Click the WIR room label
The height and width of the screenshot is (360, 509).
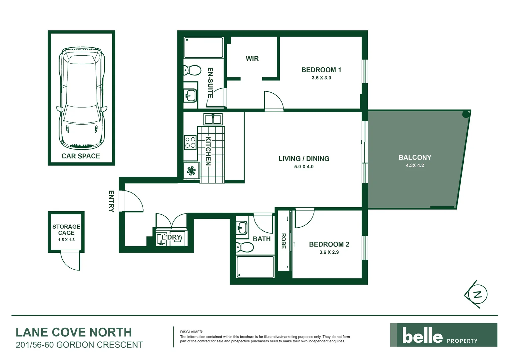coord(252,59)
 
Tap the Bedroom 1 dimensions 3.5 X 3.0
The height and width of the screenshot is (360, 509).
coord(321,78)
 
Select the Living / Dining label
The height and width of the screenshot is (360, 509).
coord(304,159)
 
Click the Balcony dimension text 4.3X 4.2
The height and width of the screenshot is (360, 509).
coord(415,166)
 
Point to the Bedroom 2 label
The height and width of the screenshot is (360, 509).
coord(329,244)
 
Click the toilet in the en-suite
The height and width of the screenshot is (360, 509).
coord(192,70)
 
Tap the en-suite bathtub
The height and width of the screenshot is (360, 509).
coord(204,48)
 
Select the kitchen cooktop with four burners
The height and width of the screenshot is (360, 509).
coord(191,142)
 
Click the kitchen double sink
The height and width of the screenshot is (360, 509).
coord(213,119)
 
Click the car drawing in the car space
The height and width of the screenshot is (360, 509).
coord(82,98)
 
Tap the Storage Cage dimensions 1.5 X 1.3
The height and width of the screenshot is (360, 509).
coord(66,240)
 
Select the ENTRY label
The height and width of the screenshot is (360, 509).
coord(111,201)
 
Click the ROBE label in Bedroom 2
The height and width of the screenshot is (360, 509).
coord(283,241)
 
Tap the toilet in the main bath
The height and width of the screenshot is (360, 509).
coord(245,248)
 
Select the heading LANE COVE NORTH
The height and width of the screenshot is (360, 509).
coord(74,332)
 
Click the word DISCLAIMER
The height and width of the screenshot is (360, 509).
coord(191,332)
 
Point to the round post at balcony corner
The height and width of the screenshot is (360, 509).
coord(466,115)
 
